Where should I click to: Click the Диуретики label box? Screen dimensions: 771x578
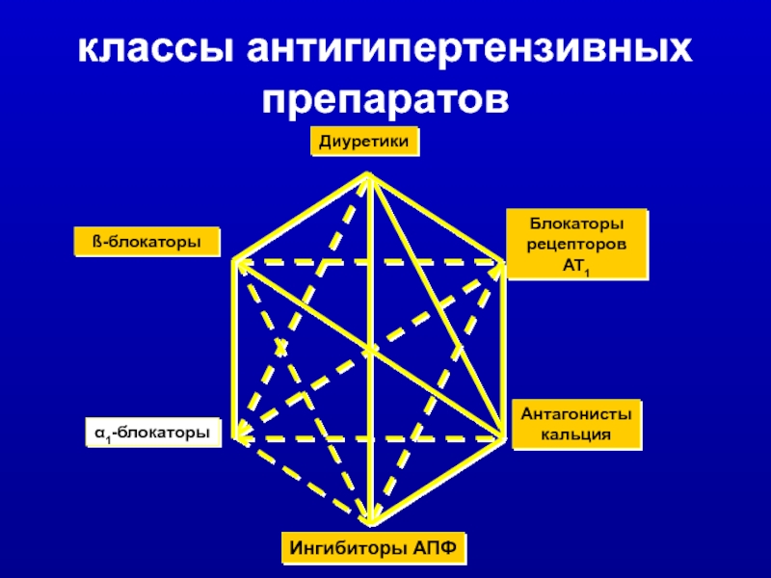click(365, 143)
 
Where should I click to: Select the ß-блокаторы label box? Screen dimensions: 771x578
click(147, 242)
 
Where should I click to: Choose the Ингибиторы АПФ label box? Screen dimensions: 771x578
click(374, 548)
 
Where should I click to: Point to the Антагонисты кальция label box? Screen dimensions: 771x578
click(576, 425)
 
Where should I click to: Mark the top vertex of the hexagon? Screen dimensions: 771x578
click(368, 174)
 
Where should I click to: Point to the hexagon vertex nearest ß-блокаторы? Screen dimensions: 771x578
click(234, 261)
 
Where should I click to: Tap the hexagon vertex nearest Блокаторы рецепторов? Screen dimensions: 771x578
click(502, 261)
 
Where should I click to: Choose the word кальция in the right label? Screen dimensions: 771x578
click(576, 435)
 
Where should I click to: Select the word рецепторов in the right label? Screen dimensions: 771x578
click(576, 245)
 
